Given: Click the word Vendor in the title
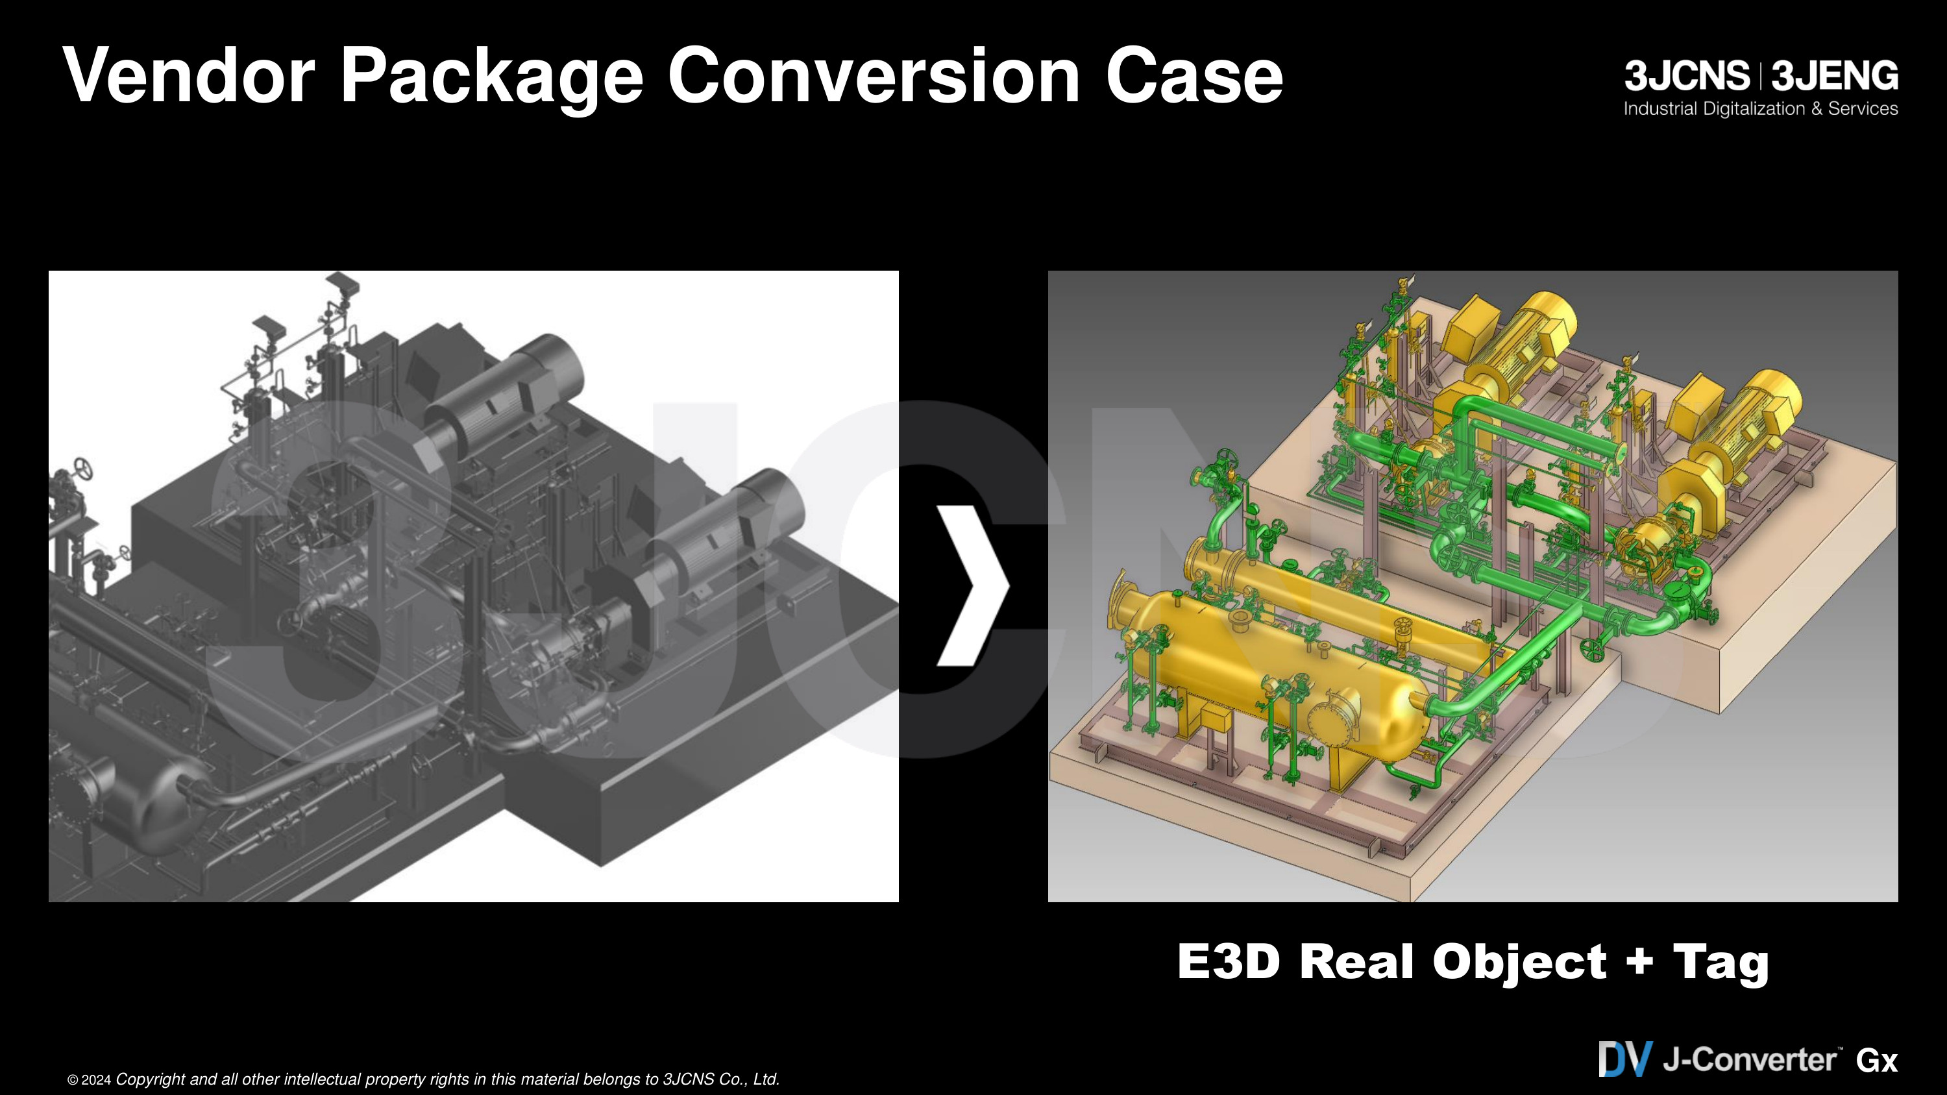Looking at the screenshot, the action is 189,75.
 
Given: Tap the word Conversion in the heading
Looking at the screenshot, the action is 874,75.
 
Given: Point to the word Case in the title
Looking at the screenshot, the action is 1194,75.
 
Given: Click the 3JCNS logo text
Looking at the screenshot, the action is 1687,77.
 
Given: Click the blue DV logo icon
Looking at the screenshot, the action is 1625,1059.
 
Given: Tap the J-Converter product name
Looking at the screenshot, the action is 1750,1059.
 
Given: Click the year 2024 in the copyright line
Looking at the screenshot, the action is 96,1081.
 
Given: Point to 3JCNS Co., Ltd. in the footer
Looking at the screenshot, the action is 721,1080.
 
